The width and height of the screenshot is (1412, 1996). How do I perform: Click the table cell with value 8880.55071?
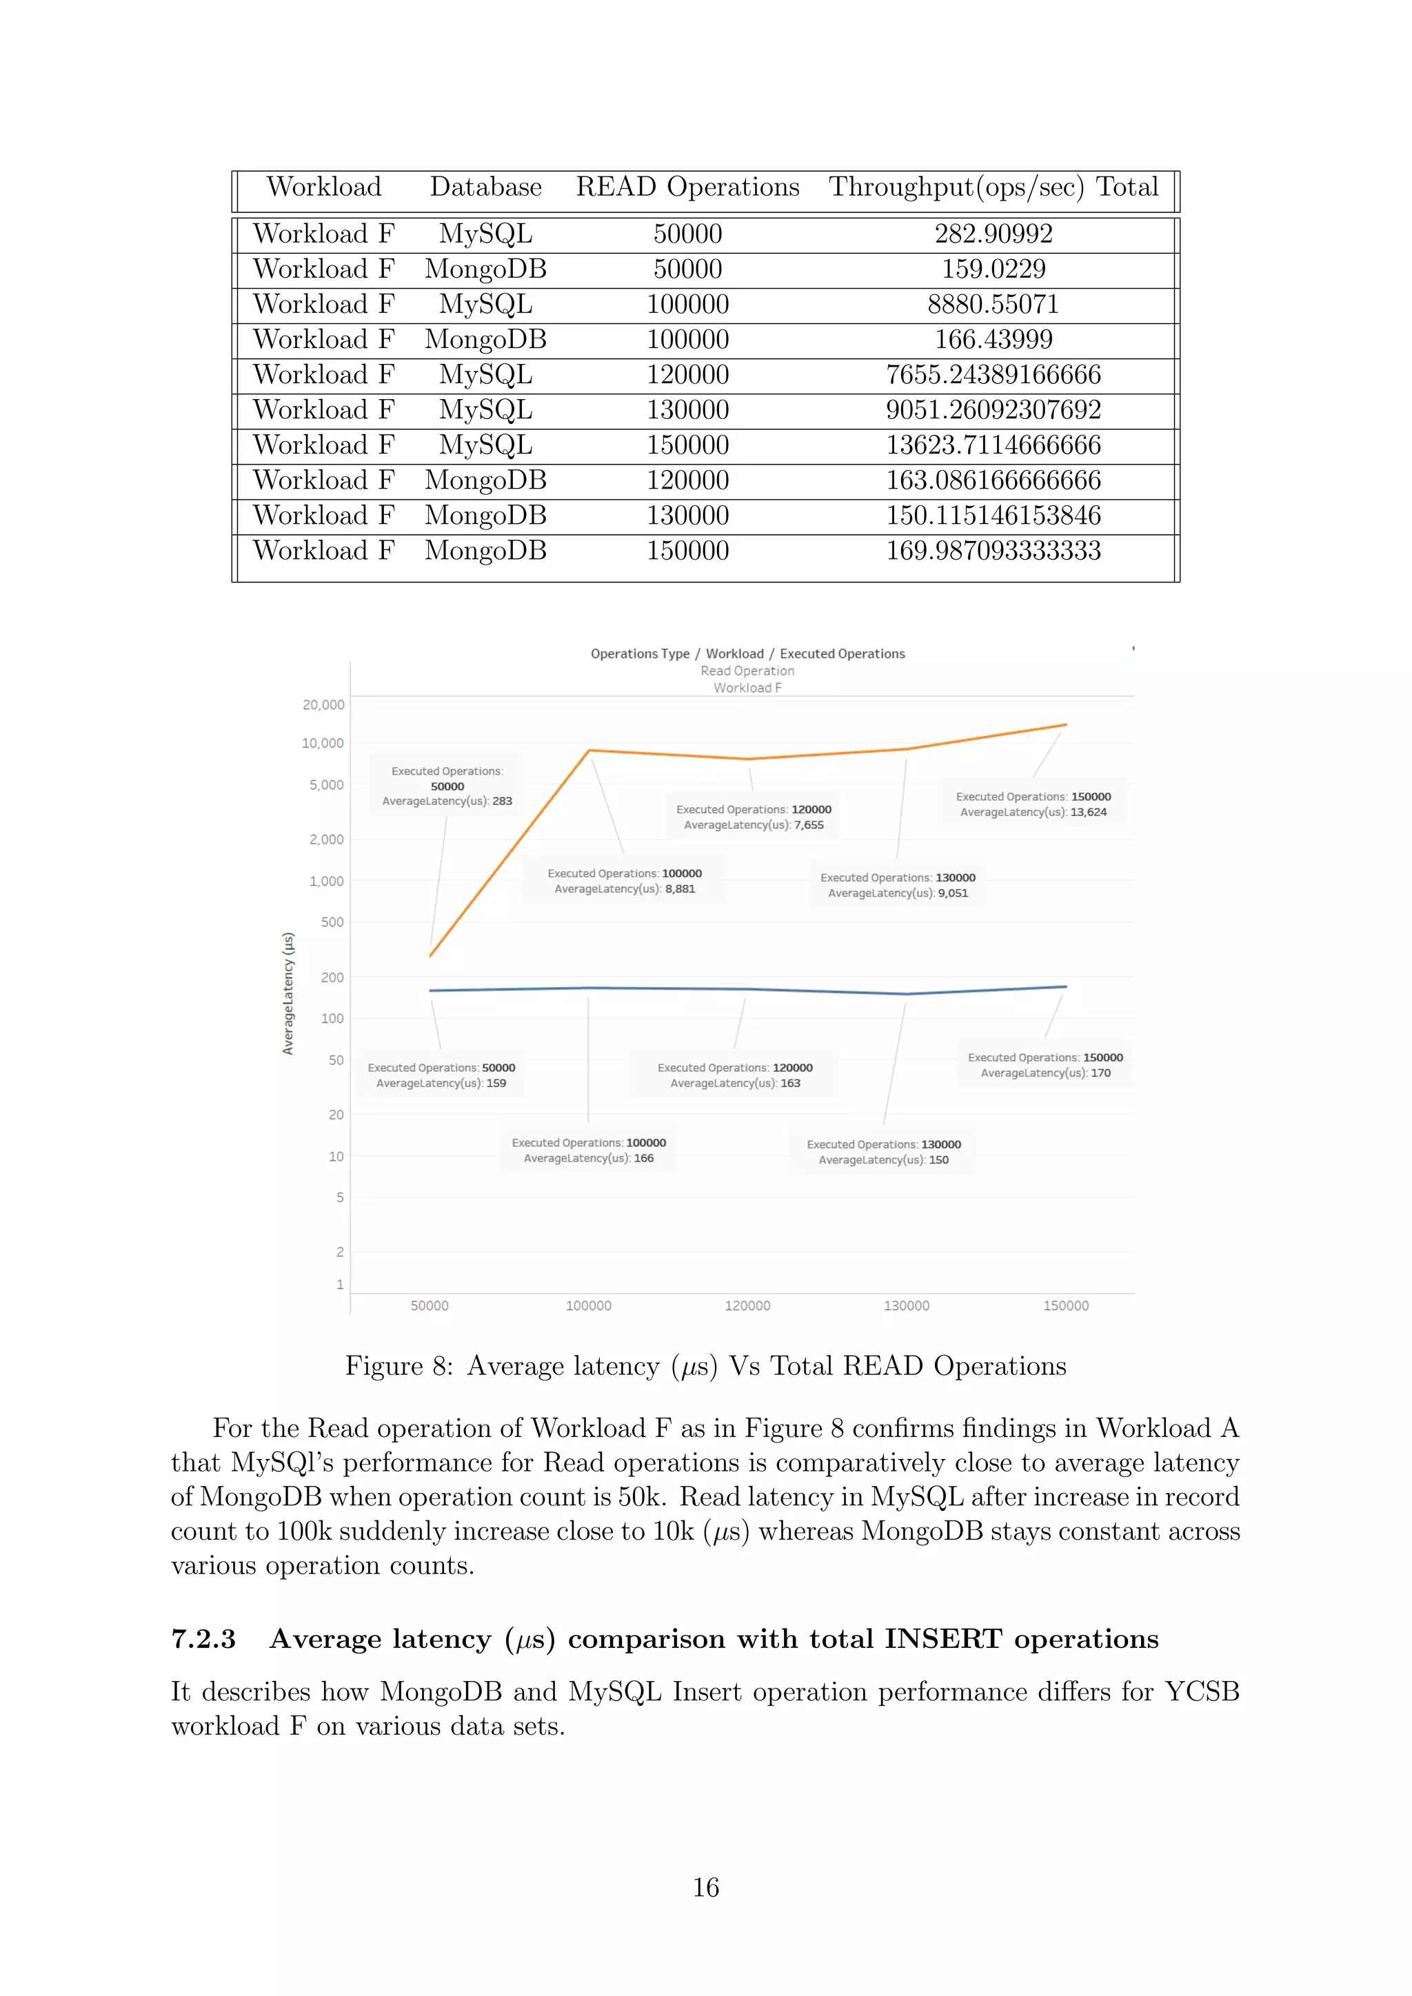[993, 304]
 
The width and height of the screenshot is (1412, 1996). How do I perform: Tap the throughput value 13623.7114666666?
[993, 445]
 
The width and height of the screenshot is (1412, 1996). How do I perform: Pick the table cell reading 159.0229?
[993, 269]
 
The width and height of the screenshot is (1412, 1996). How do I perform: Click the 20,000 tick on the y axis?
[323, 705]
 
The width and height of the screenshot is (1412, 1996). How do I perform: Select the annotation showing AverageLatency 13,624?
[1033, 804]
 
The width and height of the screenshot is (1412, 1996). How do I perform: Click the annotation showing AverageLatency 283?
[447, 786]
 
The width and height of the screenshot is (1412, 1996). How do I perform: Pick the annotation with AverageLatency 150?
[883, 1152]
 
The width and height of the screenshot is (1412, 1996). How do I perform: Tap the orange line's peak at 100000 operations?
[589, 751]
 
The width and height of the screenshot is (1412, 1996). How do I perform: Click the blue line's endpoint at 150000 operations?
[1066, 987]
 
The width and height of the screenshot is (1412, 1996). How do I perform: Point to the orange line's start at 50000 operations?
[430, 955]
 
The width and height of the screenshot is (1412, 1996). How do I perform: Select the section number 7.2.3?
[203, 1639]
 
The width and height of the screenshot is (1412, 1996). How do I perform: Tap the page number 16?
[705, 1887]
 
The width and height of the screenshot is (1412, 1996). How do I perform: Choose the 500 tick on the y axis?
[332, 922]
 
